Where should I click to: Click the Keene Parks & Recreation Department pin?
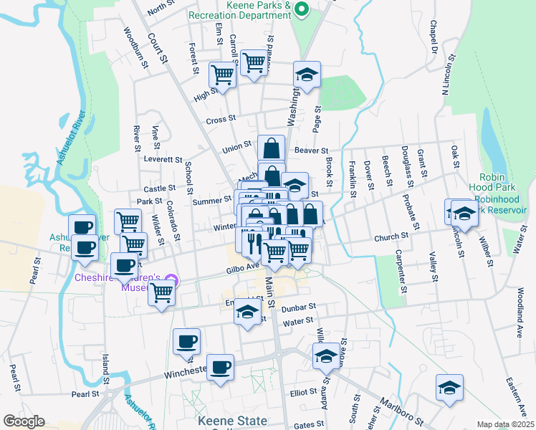point(302,9)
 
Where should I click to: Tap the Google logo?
point(24,421)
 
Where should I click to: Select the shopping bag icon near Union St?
point(271,148)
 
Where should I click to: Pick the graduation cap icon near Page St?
point(307,75)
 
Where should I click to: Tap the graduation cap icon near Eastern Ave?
point(449,388)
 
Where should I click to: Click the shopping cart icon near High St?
point(222,75)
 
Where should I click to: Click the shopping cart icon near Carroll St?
point(254,63)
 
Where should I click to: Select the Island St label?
point(105,368)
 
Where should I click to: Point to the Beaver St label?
point(311,150)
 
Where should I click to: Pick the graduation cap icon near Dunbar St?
point(248,313)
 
